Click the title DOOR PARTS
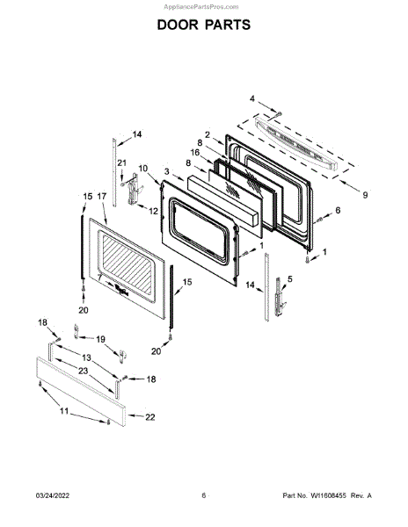pyautogui.click(x=204, y=25)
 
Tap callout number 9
pyautogui.click(x=365, y=195)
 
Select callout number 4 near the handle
pyautogui.click(x=252, y=98)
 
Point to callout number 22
pyautogui.click(x=150, y=417)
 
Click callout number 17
pyautogui.click(x=102, y=196)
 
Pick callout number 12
pyautogui.click(x=153, y=211)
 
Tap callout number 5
pyautogui.click(x=290, y=278)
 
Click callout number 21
pyautogui.click(x=121, y=163)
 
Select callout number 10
pyautogui.click(x=143, y=168)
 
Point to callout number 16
pyautogui.click(x=195, y=153)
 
